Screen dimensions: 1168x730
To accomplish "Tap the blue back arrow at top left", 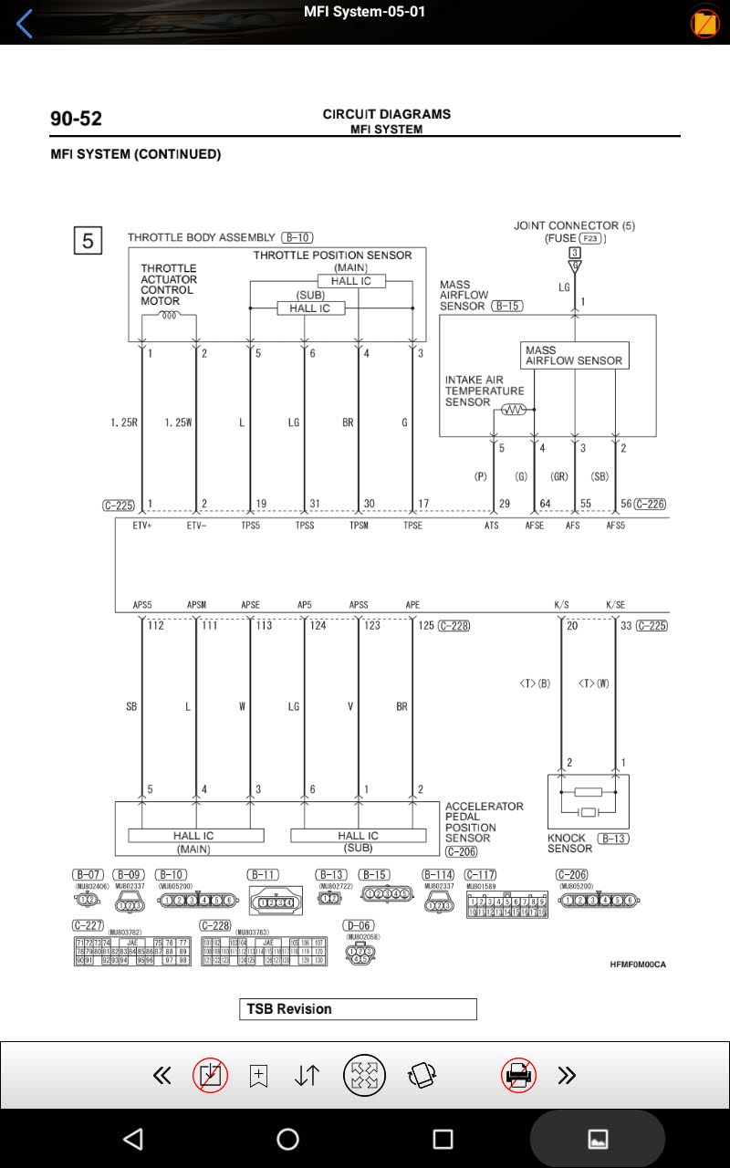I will (25, 24).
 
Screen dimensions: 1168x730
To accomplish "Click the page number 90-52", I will (76, 119).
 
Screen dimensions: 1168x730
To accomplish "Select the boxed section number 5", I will (88, 241).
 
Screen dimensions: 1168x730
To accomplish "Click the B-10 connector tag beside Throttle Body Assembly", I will (297, 237).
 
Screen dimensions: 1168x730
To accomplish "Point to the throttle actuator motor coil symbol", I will (169, 316).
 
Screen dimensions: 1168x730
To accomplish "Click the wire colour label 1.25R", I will (123, 422).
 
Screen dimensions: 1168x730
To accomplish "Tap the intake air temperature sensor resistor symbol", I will (513, 410).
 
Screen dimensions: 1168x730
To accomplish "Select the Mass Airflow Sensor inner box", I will (574, 355).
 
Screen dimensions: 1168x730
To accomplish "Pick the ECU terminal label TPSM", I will (359, 526).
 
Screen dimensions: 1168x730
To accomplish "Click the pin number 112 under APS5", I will (156, 625).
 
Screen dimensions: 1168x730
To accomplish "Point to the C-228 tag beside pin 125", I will (454, 625).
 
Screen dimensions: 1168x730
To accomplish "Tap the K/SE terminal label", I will (616, 604).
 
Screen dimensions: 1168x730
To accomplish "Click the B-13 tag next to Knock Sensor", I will (612, 838).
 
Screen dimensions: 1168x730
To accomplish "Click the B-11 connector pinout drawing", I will (274, 902).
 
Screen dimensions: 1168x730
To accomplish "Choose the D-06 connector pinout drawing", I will (360, 954).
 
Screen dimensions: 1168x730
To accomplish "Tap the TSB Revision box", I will (358, 1008).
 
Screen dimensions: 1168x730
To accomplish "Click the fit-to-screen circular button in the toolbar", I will (364, 1075).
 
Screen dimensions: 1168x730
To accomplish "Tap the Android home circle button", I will (287, 1138).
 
